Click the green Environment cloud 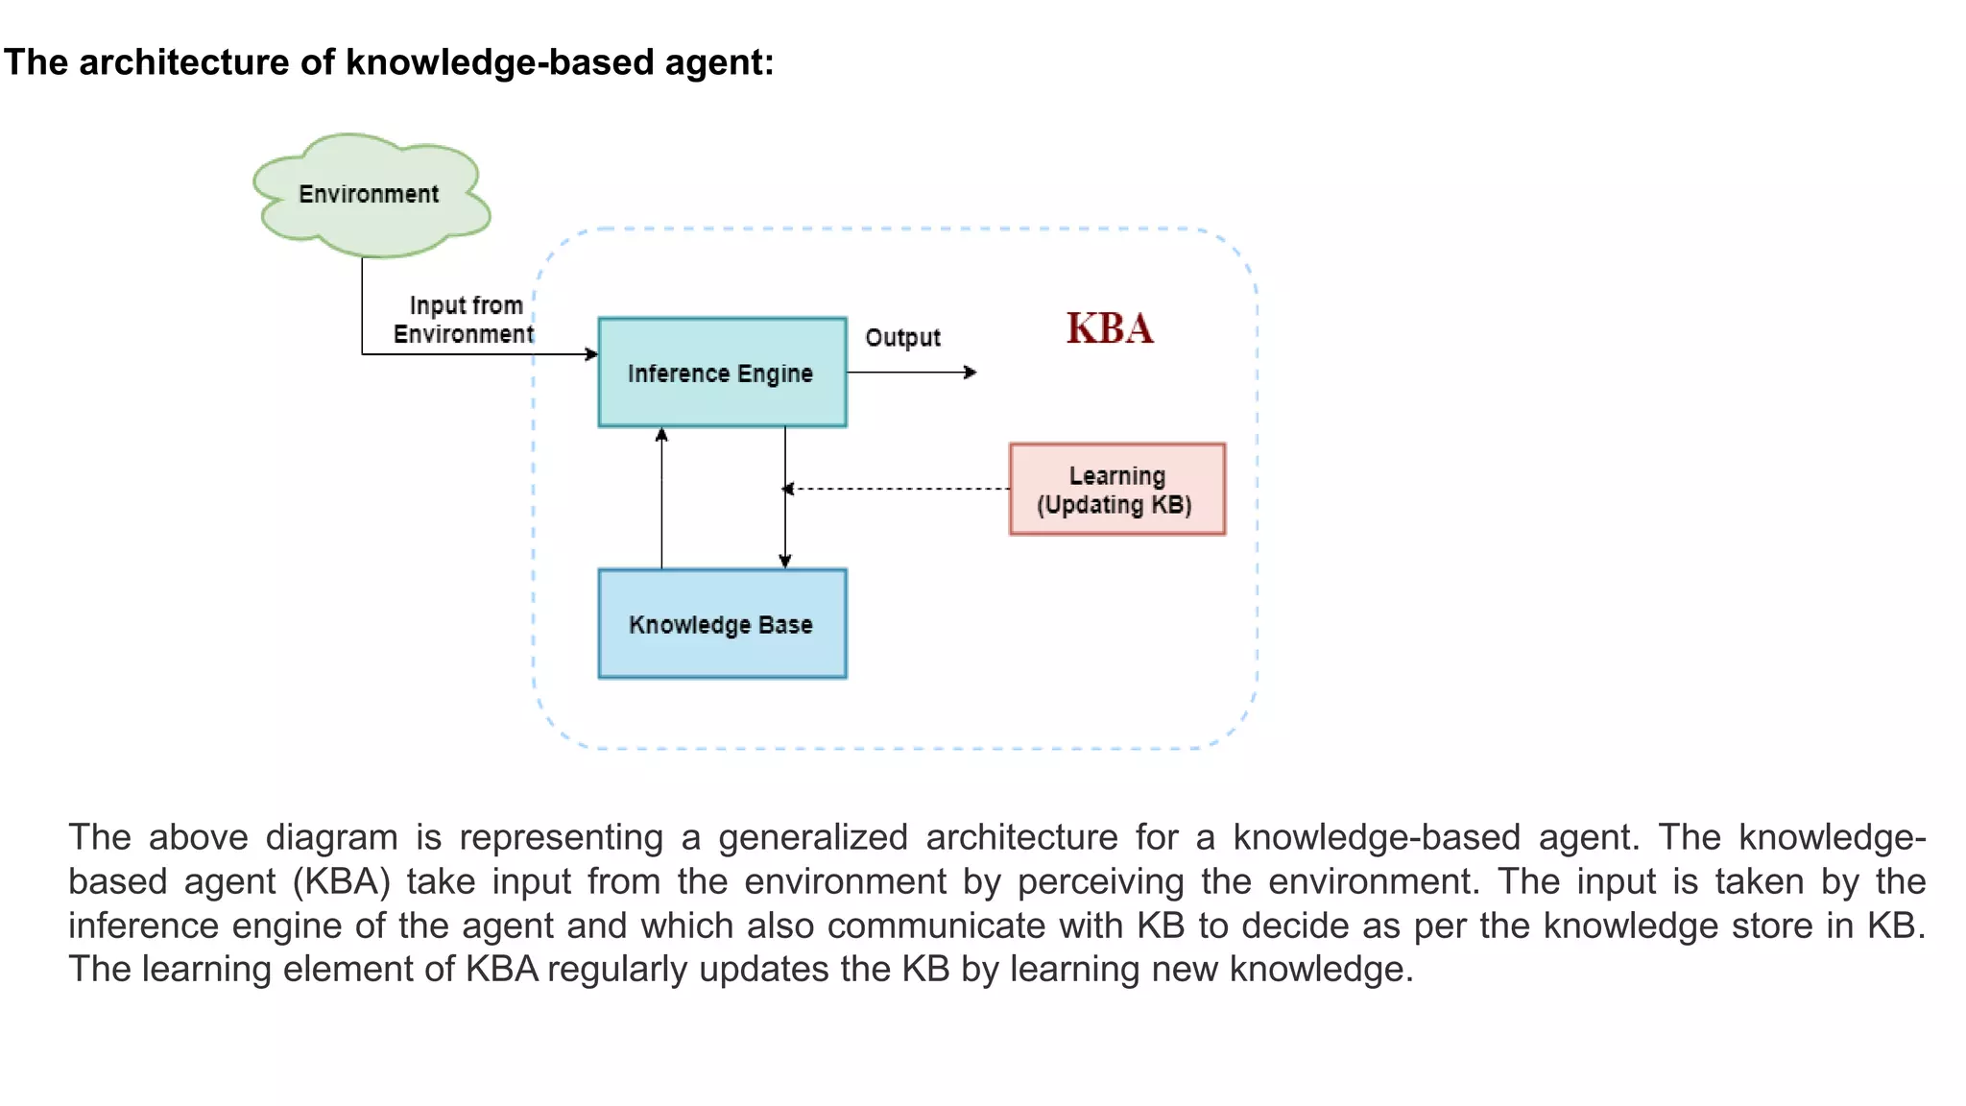(x=371, y=195)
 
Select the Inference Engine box (x=722, y=373)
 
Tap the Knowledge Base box (x=722, y=624)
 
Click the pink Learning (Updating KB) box (x=1116, y=490)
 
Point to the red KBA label (x=1110, y=328)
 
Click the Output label (x=902, y=338)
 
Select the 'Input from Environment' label (x=465, y=320)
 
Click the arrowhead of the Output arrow (x=971, y=373)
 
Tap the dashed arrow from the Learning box (x=898, y=489)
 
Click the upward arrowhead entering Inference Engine (x=661, y=435)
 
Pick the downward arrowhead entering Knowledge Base (x=785, y=562)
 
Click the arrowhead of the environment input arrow (x=591, y=354)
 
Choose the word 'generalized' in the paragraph (x=812, y=837)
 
